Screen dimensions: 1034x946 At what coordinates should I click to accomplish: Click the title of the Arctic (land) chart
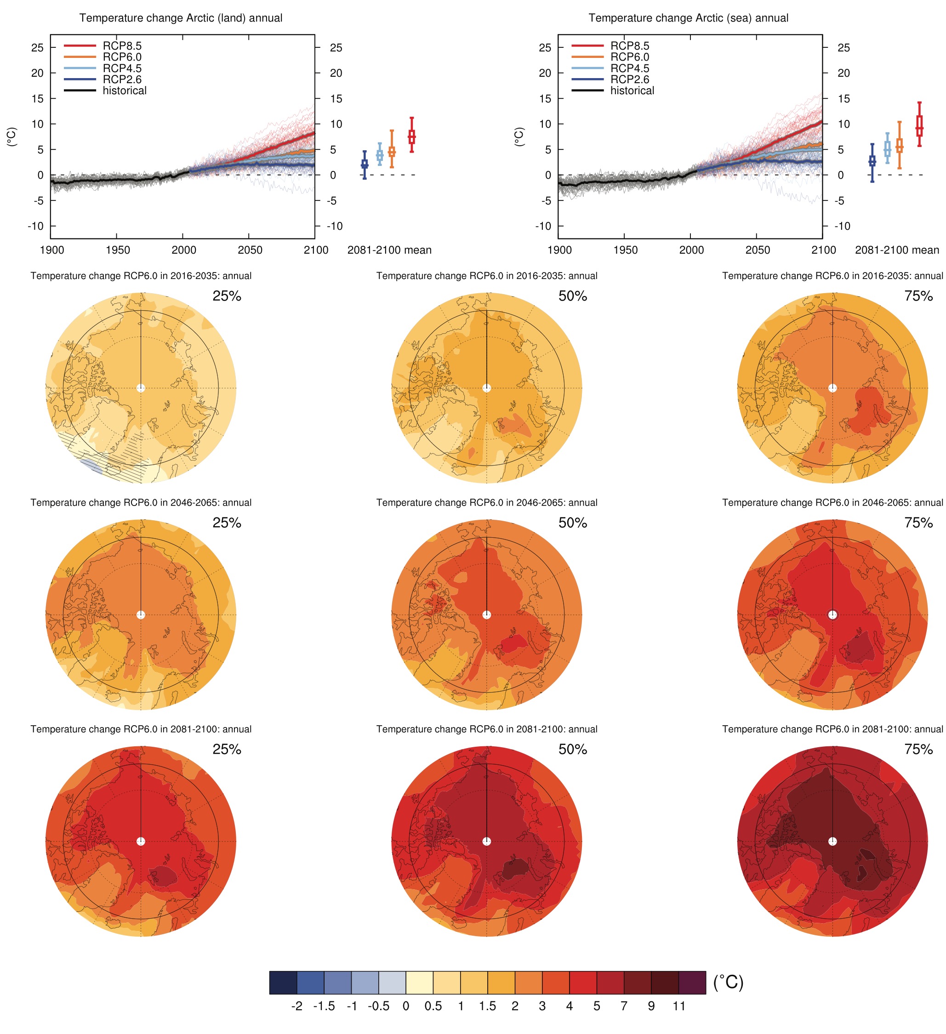pyautogui.click(x=181, y=18)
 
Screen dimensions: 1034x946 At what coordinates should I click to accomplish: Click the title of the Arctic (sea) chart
pyautogui.click(x=688, y=18)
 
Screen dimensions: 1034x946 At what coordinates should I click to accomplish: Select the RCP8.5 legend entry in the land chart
pyautogui.click(x=122, y=45)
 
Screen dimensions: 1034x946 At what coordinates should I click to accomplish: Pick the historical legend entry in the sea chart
pyautogui.click(x=632, y=91)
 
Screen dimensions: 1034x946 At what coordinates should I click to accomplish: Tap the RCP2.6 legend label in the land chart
pyautogui.click(x=122, y=80)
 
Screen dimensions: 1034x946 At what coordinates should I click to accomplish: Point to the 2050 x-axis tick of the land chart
pyautogui.click(x=249, y=250)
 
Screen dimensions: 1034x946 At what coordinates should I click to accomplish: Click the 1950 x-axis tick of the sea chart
pyautogui.click(x=625, y=250)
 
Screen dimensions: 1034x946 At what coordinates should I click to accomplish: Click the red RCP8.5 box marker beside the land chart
pyautogui.click(x=411, y=136)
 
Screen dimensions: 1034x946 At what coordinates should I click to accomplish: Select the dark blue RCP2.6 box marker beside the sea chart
pyautogui.click(x=872, y=161)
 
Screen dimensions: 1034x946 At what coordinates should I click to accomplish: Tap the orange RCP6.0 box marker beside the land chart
pyautogui.click(x=392, y=151)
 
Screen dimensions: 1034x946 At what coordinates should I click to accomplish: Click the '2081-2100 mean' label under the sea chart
pyautogui.click(x=897, y=250)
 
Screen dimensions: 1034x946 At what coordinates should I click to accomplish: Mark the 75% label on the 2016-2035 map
pyautogui.click(x=918, y=296)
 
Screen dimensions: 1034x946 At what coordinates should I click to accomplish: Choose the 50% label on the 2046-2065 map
pyautogui.click(x=573, y=523)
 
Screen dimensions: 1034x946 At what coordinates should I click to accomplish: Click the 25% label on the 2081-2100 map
pyautogui.click(x=227, y=750)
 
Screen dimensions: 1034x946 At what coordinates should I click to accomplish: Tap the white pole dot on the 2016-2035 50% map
pyautogui.click(x=486, y=388)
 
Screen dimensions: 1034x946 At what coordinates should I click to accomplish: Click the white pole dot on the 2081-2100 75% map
pyautogui.click(x=832, y=841)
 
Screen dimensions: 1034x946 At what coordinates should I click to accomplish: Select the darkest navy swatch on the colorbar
pyautogui.click(x=283, y=983)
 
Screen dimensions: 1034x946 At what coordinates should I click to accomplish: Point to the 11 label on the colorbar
pyautogui.click(x=679, y=1006)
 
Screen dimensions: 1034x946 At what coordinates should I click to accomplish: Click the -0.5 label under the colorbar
pyautogui.click(x=378, y=1006)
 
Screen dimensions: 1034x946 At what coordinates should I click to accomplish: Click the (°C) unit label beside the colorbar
pyautogui.click(x=728, y=982)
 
